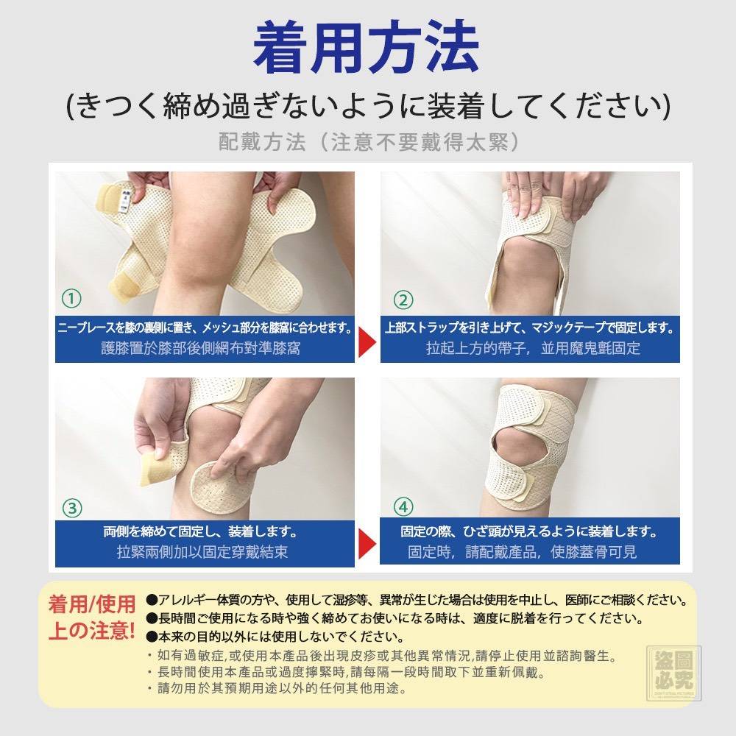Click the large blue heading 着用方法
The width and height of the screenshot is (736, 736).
pos(366,47)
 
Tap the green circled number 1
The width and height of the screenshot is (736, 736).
pos(72,298)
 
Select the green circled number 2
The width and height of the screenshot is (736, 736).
pos(403,300)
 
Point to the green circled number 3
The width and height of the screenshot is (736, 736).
pos(72,508)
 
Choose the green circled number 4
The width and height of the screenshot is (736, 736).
pos(403,507)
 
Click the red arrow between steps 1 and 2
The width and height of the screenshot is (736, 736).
pos(367,342)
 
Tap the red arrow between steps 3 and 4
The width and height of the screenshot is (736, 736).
pos(367,545)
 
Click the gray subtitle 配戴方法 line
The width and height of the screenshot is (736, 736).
pos(369,142)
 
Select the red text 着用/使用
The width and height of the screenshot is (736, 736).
pos(92,604)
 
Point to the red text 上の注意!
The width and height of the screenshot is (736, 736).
pos(92,631)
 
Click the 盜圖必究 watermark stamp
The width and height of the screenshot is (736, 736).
pos(674,673)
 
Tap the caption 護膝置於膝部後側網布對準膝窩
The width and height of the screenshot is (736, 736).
pos(201,348)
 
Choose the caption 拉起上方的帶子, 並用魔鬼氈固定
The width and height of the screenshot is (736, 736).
pos(533,348)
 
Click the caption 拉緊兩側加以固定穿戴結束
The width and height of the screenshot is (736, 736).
pos(202,552)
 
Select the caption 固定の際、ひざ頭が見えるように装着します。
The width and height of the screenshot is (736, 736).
pos(529,531)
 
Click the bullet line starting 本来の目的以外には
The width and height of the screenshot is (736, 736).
pos(275,637)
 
